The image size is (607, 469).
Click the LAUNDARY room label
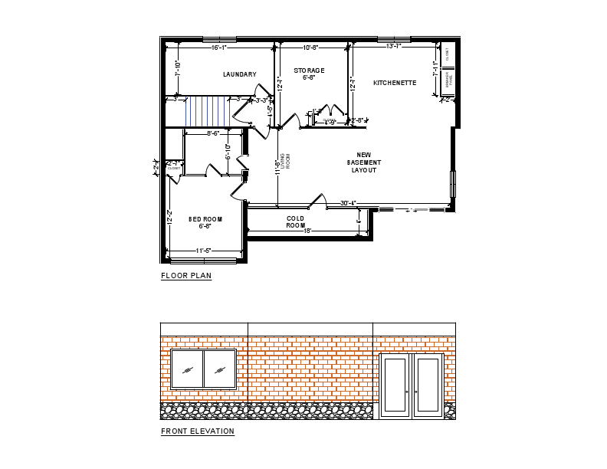coord(239,74)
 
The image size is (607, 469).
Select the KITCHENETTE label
coord(395,83)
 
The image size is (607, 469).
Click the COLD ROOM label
coord(296,222)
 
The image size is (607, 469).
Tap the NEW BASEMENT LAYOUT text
coord(363,162)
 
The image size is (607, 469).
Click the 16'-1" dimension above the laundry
coord(219,48)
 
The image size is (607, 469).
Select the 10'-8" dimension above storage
coord(311,48)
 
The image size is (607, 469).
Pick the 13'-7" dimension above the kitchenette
coord(394,47)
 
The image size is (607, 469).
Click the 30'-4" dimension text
coord(349,203)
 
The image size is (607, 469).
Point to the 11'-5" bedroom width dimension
coord(203,251)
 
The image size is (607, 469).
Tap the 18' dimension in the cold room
coord(307,231)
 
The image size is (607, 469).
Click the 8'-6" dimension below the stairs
coord(213,134)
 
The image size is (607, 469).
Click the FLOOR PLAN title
coord(186,276)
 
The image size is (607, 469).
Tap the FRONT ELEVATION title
coord(198,431)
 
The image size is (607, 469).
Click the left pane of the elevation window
coord(187,369)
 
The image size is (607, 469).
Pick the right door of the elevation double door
coord(428,385)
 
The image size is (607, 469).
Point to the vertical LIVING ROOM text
coord(285,160)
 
